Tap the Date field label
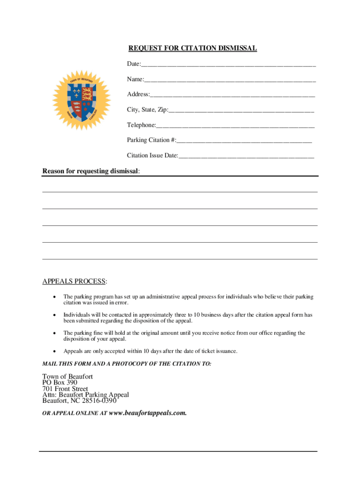134,64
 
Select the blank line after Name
230,80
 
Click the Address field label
138,94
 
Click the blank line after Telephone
235,126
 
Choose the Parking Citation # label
151,140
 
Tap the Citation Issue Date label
152,155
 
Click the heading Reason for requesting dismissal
91,171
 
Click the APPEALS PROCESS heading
75,281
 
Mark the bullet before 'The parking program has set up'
55,297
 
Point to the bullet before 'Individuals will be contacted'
55,315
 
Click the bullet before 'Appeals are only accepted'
55,351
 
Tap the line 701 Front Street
65,389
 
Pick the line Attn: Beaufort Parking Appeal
86,395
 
